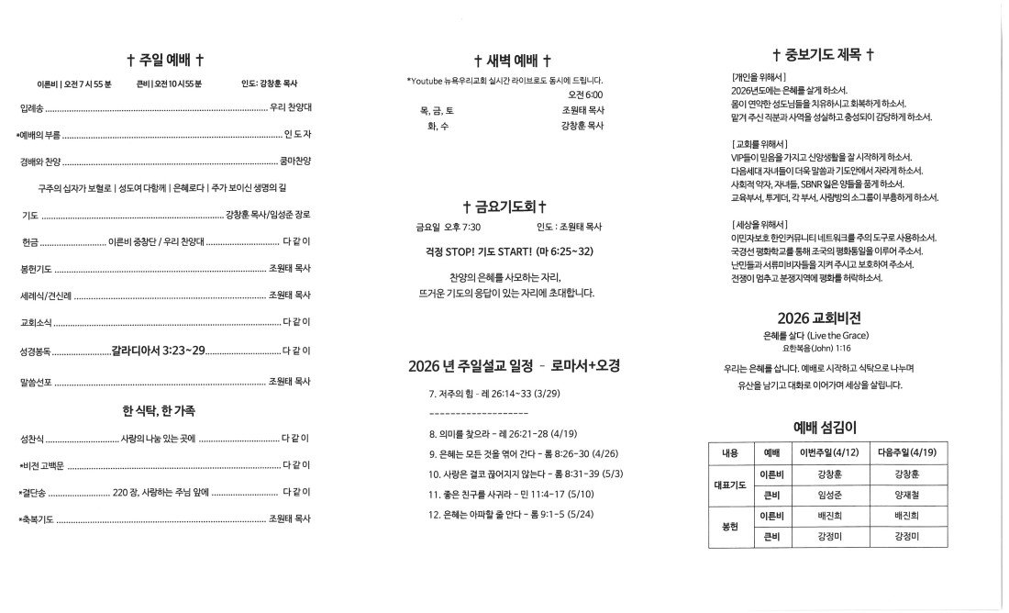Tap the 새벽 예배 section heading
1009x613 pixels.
tap(512, 61)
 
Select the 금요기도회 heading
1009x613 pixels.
tap(505, 206)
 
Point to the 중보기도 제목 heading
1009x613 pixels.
tap(823, 55)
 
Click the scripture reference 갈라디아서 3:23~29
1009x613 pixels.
tap(159, 351)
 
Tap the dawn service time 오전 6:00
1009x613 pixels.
tap(585, 95)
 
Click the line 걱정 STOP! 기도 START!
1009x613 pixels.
tap(504, 251)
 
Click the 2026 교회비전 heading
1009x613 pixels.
tap(818, 318)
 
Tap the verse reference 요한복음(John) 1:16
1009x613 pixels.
tap(818, 350)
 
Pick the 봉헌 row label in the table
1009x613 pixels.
tap(729, 527)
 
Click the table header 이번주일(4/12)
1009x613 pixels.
tap(828, 453)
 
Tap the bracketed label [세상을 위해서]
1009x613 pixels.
tap(759, 224)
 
